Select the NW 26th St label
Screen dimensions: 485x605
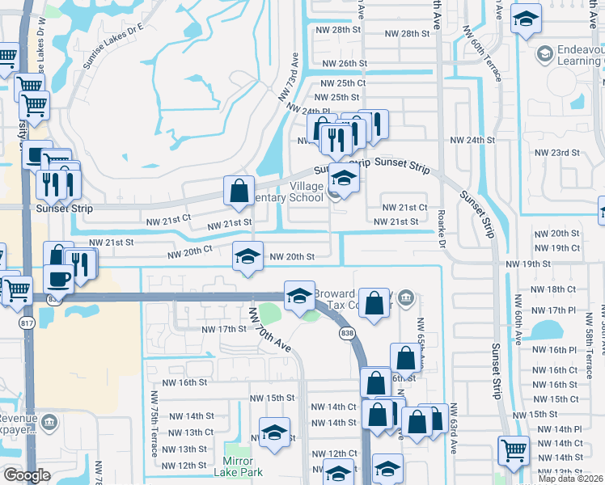(345, 63)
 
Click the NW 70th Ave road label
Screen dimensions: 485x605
(270, 328)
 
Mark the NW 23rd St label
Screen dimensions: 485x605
(558, 152)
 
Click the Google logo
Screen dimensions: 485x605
(27, 475)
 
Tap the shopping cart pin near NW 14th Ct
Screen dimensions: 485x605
(513, 450)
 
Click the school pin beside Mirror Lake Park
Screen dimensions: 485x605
(274, 432)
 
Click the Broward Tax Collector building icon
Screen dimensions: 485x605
(405, 300)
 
